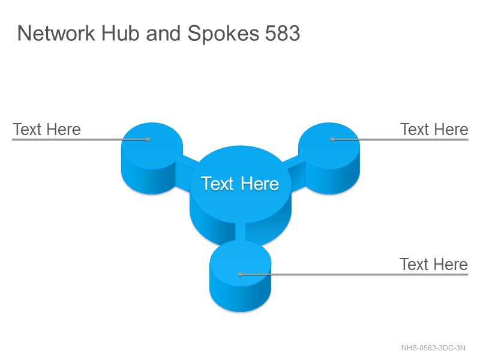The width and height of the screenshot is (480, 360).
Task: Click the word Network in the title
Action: click(56, 33)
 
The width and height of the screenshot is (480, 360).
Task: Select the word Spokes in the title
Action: click(223, 34)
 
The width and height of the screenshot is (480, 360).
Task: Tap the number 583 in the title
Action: click(282, 33)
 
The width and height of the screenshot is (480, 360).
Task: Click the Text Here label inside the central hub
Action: click(240, 184)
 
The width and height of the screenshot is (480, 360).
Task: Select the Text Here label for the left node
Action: click(47, 129)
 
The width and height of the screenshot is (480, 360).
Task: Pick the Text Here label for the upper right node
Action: click(434, 129)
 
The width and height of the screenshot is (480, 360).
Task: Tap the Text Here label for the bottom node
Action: click(433, 264)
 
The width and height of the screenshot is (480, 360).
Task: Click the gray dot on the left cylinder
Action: click(148, 140)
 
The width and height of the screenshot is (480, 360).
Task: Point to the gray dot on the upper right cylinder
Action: click(332, 140)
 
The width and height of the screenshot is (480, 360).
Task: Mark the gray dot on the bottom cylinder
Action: click(241, 275)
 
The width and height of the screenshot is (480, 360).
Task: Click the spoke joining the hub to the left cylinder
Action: click(185, 173)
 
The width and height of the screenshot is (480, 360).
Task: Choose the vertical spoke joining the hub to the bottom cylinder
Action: click(241, 232)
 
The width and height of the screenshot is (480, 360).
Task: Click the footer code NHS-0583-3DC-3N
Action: click(433, 348)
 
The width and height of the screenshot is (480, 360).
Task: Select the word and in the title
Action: click(163, 33)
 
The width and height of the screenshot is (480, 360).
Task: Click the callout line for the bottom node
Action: click(354, 275)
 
